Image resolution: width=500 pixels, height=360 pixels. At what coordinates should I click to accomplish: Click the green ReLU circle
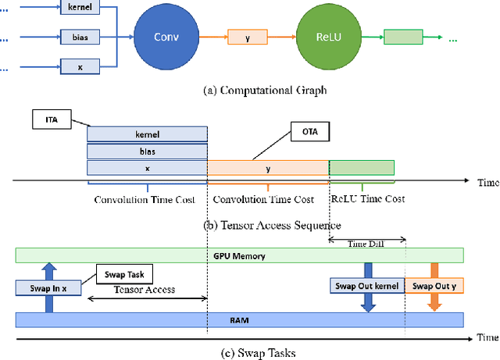point(322,36)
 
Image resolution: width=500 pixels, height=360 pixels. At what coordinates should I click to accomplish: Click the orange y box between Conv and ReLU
point(248,36)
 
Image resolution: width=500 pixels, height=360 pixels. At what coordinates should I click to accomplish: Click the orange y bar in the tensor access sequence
point(268,168)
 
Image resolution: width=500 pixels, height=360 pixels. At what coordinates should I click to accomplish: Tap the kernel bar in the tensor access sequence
point(147,134)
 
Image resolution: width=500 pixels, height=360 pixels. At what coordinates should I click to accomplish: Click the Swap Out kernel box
point(366,286)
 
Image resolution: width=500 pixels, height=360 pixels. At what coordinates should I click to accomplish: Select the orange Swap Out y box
point(435,286)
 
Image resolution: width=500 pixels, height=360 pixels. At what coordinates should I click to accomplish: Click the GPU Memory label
point(240,255)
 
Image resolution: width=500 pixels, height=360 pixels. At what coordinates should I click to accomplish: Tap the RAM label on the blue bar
point(240,319)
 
